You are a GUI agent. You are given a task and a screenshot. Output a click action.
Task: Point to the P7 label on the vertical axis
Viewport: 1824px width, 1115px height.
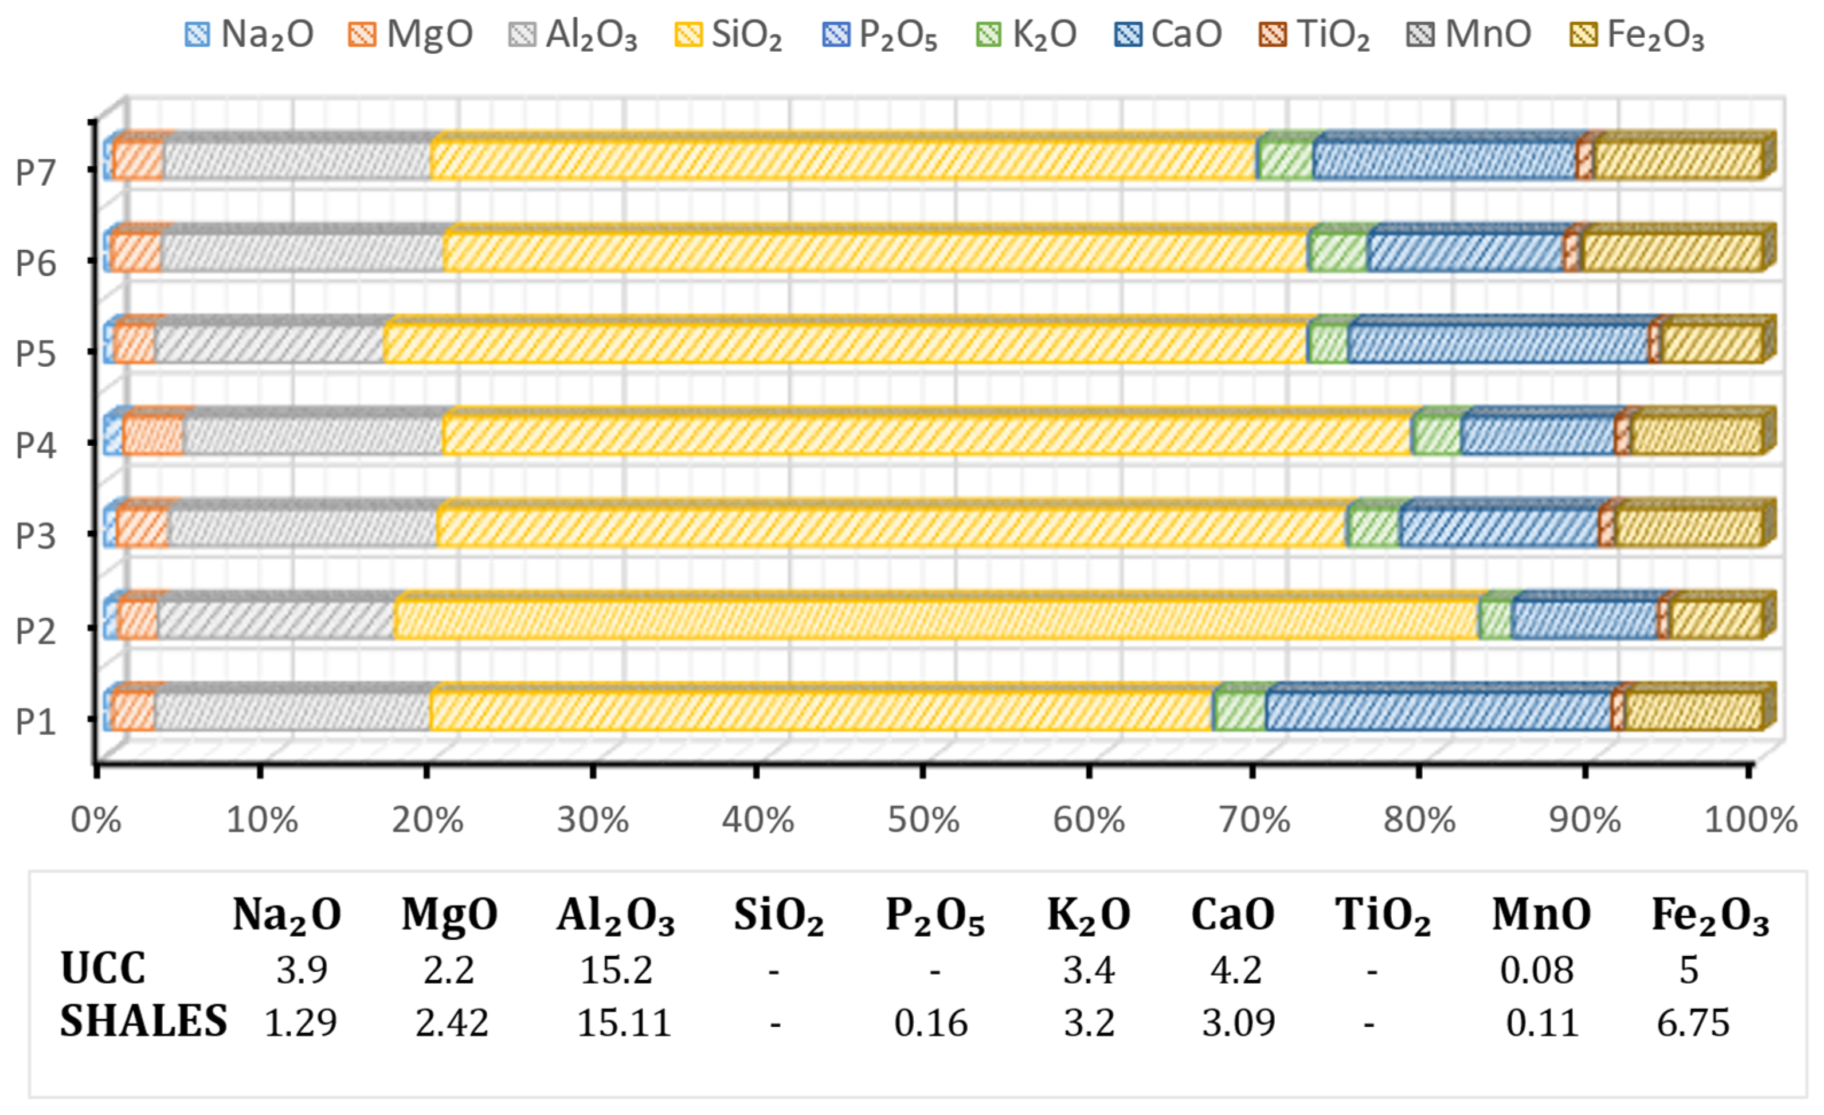coord(36,172)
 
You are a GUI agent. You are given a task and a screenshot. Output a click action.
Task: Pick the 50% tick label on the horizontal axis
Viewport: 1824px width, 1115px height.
coord(923,820)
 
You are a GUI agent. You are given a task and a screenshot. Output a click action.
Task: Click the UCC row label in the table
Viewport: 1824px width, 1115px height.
coord(103,968)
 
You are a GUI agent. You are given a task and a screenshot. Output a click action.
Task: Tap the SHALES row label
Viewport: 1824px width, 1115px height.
coord(143,1021)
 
